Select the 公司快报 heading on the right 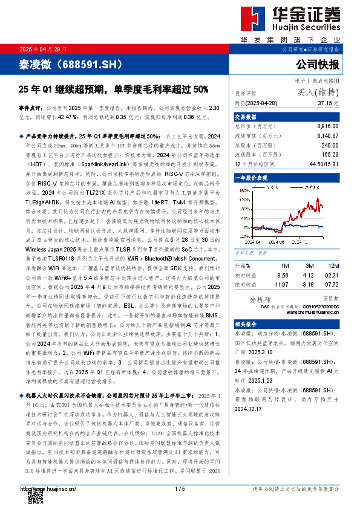point(318,64)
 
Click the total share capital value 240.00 point(330,146)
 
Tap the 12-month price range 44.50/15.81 point(324,164)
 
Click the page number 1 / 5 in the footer point(179,488)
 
